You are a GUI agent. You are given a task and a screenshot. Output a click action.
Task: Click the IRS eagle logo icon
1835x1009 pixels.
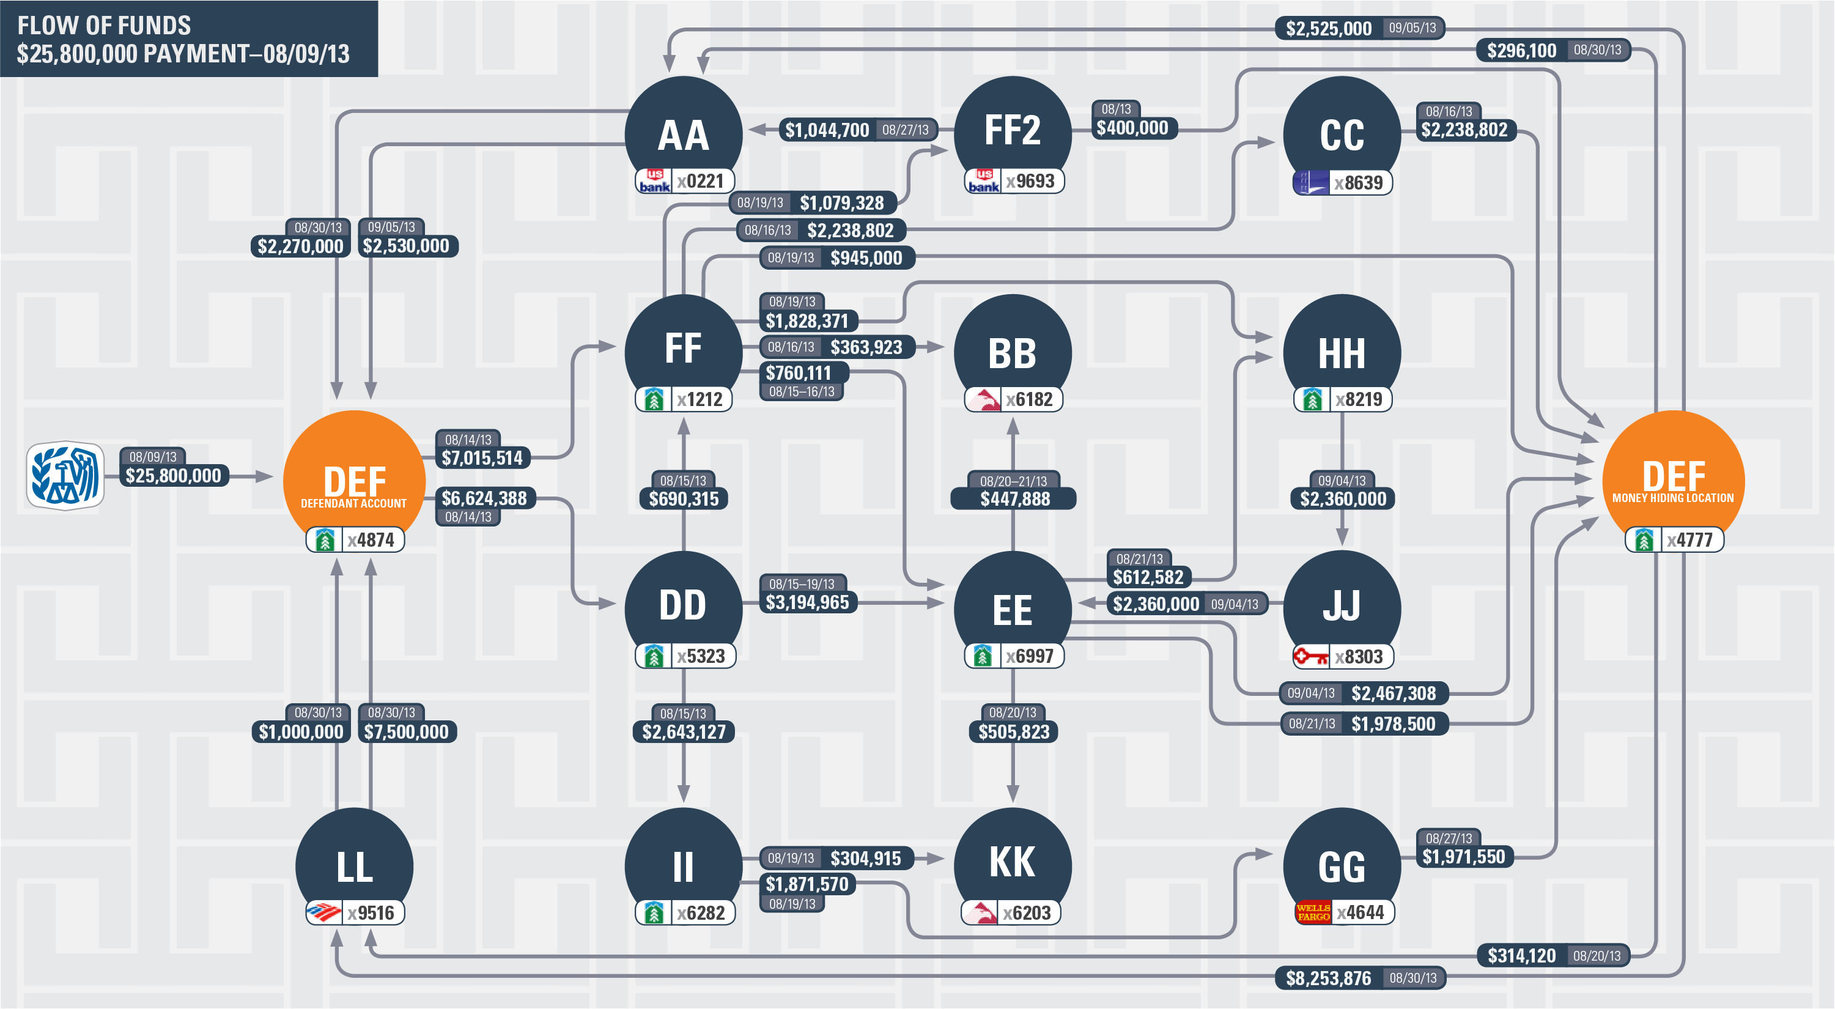tap(65, 475)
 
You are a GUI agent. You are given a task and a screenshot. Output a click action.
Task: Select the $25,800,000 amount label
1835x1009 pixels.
tap(173, 476)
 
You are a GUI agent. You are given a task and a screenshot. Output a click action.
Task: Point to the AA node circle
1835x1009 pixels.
tap(683, 132)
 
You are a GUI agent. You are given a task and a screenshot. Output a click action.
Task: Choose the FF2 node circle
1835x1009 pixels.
tap(1012, 128)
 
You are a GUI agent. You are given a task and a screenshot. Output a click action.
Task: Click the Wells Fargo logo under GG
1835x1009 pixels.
tap(1312, 912)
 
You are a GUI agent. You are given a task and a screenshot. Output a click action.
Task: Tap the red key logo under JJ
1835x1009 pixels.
tap(1311, 656)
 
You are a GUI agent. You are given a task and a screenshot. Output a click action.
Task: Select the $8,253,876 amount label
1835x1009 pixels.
tap(1329, 978)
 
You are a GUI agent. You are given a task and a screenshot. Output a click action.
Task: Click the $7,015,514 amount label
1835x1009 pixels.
tap(482, 458)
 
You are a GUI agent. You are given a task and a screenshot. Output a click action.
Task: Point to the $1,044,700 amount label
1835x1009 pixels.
tap(827, 130)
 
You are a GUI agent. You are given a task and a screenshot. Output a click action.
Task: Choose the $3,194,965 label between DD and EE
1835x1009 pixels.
tap(807, 603)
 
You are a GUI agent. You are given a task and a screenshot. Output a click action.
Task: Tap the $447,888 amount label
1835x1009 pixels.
tap(1014, 499)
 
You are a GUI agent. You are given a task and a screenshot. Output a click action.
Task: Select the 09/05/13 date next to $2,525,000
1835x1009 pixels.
tap(1412, 28)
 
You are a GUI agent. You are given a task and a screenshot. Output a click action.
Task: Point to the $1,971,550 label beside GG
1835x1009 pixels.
tap(1464, 857)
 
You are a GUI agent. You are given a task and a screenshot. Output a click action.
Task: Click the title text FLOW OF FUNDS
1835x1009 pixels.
tap(104, 26)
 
